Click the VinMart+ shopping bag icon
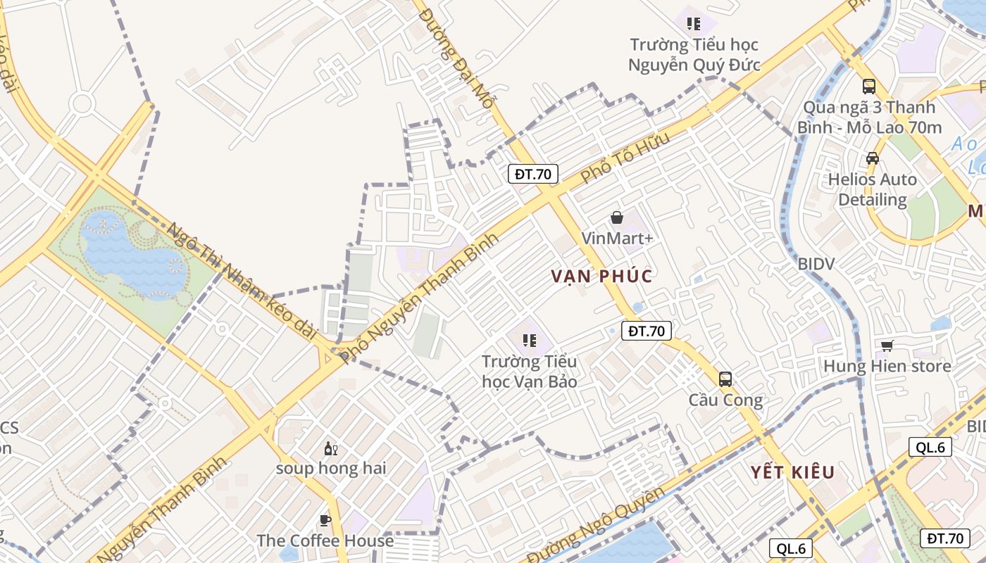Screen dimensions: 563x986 coord(617,217)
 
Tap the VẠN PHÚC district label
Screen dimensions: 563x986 coord(602,276)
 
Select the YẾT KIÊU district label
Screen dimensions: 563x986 coord(792,472)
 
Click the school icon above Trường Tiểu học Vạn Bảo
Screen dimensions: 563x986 coord(530,341)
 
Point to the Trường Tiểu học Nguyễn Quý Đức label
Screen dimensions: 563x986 coord(694,55)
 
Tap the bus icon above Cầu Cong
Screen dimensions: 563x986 coord(725,379)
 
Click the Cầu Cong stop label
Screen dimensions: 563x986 coord(725,400)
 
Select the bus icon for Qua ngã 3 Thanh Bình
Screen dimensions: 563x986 coord(869,87)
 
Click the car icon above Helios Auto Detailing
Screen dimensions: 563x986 coord(873,158)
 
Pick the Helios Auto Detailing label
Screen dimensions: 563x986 coord(873,189)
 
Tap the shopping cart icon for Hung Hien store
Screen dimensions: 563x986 coord(887,345)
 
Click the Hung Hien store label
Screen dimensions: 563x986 coord(887,366)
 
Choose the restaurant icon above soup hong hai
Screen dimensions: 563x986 coord(330,448)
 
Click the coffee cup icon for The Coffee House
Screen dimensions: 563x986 coord(325,520)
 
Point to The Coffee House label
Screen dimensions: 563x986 coord(325,540)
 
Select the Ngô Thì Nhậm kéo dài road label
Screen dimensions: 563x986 coord(243,281)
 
